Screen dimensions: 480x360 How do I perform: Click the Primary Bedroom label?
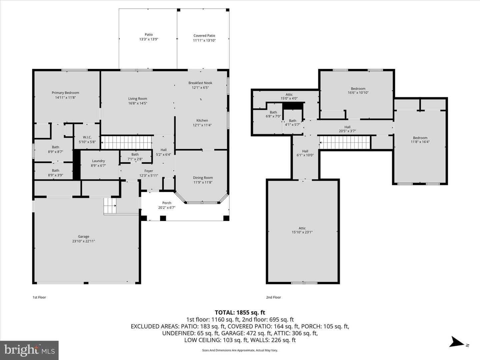(65, 93)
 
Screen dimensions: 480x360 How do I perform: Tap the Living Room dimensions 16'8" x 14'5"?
(138, 103)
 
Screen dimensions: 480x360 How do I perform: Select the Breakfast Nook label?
(200, 83)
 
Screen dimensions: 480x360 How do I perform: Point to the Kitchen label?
(202, 120)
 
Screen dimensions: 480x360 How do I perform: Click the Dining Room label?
(203, 178)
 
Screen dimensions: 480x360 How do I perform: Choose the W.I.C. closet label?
(87, 137)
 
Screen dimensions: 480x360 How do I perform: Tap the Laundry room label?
(98, 161)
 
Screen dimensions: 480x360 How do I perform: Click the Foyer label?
(149, 171)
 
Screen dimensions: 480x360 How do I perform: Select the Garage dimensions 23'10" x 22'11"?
(84, 241)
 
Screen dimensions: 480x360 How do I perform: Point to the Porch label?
(167, 203)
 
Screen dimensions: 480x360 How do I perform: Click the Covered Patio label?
(204, 36)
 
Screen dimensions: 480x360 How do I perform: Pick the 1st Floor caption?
(39, 297)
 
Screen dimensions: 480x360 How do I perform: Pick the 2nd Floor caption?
(273, 297)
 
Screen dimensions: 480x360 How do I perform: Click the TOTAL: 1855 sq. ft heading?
(240, 313)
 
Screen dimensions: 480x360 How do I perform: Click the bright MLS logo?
(29, 350)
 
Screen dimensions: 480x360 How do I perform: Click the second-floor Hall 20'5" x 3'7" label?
(347, 129)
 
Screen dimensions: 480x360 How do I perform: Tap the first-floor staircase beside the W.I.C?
(127, 143)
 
